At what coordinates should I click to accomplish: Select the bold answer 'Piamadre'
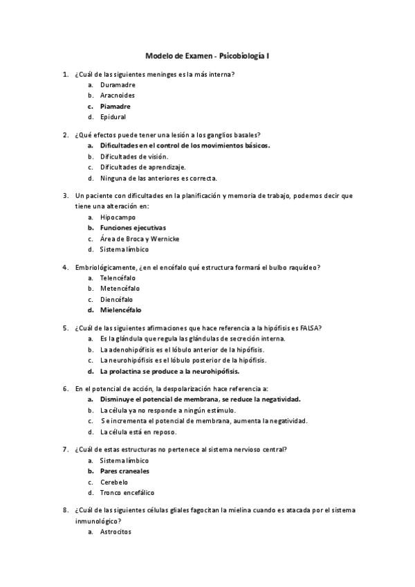115,107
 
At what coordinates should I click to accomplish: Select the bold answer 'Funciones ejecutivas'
133,228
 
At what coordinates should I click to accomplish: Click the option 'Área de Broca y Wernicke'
139,239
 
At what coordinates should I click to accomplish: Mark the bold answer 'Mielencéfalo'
121,310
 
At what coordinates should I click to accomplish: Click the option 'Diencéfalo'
116,299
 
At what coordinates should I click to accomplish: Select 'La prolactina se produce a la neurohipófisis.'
169,371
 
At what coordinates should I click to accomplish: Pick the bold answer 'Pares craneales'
124,471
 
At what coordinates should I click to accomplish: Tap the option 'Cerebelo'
113,482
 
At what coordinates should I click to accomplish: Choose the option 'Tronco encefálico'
127,493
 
